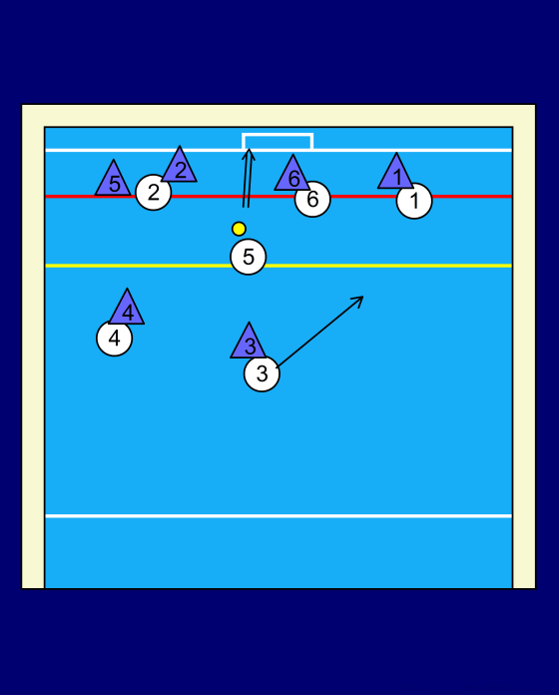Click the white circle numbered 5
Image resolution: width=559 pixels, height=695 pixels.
click(248, 257)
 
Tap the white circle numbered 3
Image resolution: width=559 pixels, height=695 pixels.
click(262, 373)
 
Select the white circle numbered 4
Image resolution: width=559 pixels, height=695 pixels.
click(114, 339)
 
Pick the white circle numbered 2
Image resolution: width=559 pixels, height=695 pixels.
click(154, 193)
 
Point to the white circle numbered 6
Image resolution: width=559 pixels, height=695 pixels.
click(312, 199)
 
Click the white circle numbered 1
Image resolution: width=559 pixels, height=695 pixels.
click(414, 201)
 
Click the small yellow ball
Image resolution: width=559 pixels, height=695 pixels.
click(239, 229)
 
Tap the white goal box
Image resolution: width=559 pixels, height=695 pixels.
click(278, 134)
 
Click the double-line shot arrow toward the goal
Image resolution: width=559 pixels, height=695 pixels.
click(248, 179)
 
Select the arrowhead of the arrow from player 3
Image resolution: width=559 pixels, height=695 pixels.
click(359, 300)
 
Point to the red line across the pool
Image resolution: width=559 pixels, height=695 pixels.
click(279, 196)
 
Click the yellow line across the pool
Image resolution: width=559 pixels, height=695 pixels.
click(279, 266)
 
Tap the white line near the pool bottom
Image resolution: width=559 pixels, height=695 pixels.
click(279, 516)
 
